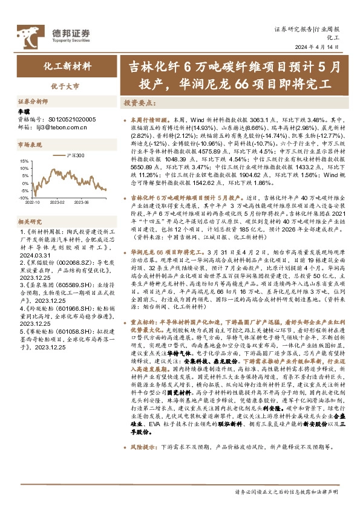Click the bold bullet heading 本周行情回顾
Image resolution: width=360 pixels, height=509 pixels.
148,120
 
